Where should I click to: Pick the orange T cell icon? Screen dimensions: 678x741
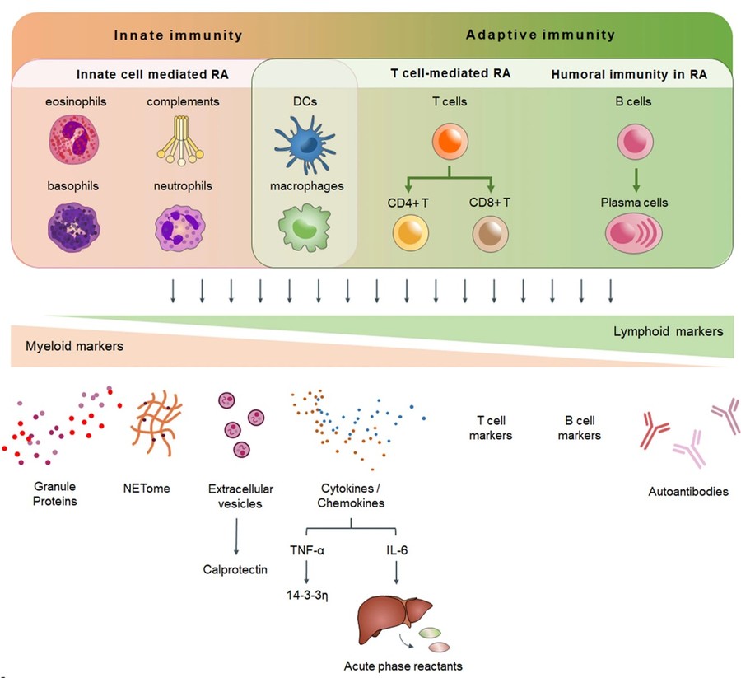pos(450,143)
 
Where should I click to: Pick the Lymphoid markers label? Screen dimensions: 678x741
pos(668,331)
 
